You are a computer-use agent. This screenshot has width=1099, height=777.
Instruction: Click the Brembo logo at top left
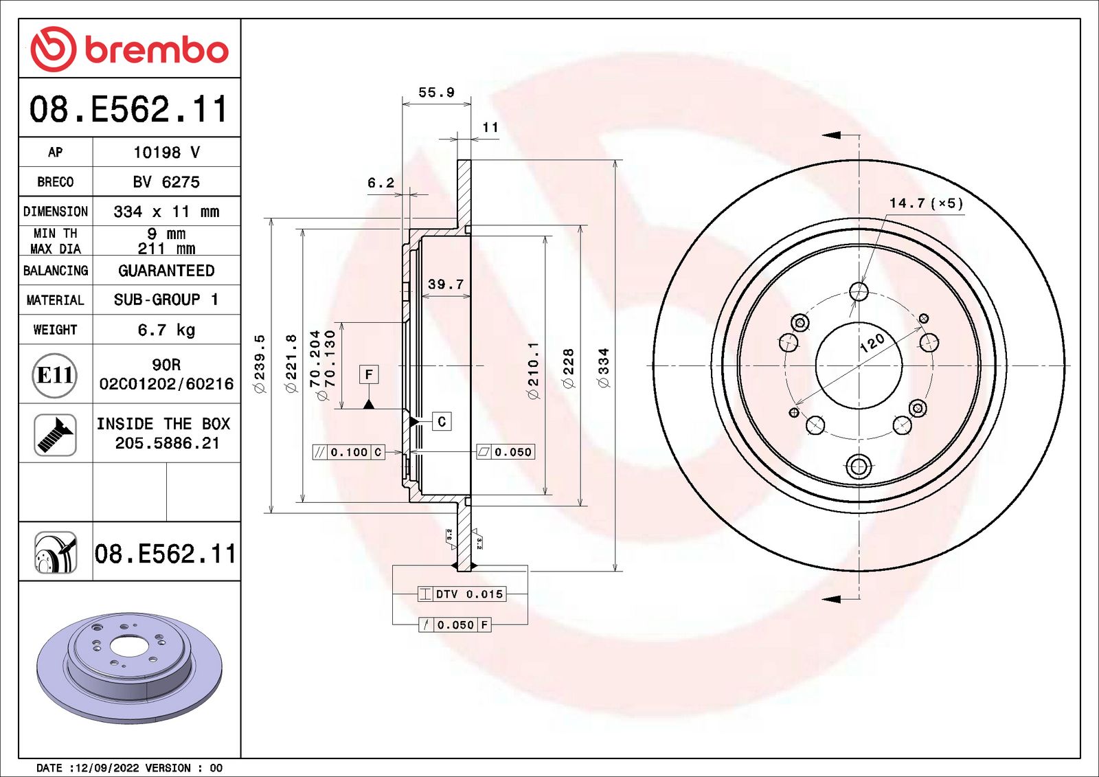pyautogui.click(x=130, y=49)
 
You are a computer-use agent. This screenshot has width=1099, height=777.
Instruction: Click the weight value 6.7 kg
pyautogui.click(x=166, y=329)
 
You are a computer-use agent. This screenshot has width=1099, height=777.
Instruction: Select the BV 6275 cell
pyautogui.click(x=166, y=182)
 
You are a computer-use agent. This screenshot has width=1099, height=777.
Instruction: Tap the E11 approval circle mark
pyautogui.click(x=54, y=375)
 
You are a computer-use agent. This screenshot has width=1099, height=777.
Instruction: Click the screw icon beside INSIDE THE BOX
pyautogui.click(x=55, y=435)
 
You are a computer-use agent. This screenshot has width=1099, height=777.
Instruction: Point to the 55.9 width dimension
pyautogui.click(x=436, y=92)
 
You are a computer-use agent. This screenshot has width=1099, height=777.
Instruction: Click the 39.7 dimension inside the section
pyautogui.click(x=446, y=284)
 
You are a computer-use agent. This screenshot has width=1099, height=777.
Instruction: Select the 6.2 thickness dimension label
pyautogui.click(x=381, y=183)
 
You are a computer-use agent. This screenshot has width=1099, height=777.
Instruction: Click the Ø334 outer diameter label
pyautogui.click(x=604, y=368)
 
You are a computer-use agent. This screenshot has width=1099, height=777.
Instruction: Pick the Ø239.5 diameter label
pyautogui.click(x=260, y=363)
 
